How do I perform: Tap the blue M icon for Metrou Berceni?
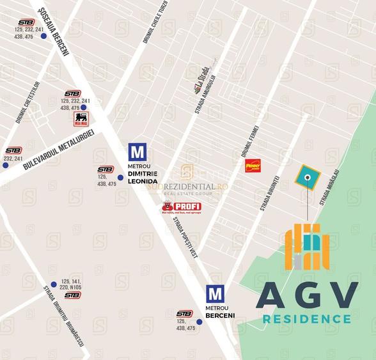pyautogui.click(x=216, y=294)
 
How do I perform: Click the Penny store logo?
pyautogui.click(x=253, y=166)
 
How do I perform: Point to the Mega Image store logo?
pyautogui.click(x=81, y=119)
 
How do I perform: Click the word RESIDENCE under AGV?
pyautogui.click(x=306, y=318)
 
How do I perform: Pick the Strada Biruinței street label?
pyautogui.click(x=269, y=194)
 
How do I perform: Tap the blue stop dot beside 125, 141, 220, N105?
pyautogui.click(x=54, y=285)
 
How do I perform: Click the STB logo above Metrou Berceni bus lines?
pyautogui.click(x=185, y=313)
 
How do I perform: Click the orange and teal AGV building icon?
pyautogui.click(x=308, y=247)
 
